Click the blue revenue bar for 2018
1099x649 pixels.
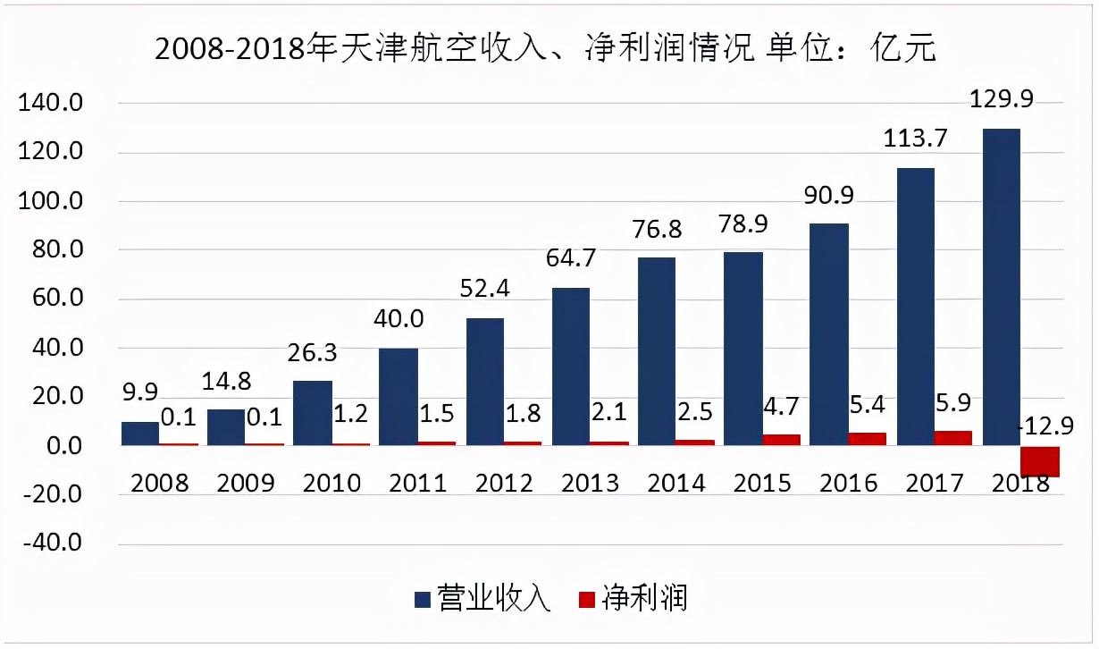(x=1001, y=286)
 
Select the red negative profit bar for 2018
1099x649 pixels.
(x=1040, y=461)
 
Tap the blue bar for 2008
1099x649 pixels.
(x=139, y=434)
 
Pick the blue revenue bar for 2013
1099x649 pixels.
(x=571, y=367)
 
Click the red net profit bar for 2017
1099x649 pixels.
(x=953, y=438)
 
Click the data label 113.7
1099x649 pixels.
(x=915, y=139)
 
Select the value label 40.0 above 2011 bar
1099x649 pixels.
(x=398, y=318)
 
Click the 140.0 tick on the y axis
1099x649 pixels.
(x=51, y=105)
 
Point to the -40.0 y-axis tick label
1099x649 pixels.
(x=51, y=544)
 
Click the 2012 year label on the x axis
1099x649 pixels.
(x=504, y=484)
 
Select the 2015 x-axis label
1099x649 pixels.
(x=762, y=484)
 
